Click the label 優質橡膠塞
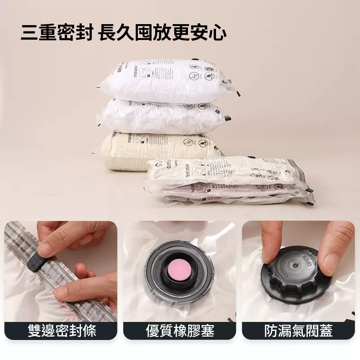[x=180, y=330]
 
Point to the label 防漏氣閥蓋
[x=298, y=330]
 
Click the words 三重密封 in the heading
[x=57, y=33]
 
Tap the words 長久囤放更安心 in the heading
[x=162, y=33]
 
